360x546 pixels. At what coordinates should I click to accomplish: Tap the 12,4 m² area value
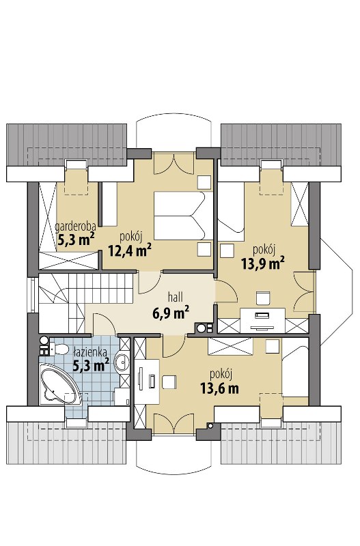pyautogui.click(x=129, y=250)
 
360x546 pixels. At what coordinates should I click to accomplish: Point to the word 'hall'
pyautogui.click(x=176, y=298)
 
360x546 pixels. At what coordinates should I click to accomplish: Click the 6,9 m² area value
pyautogui.click(x=171, y=313)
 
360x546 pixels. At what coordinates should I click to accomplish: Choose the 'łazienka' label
pyautogui.click(x=90, y=352)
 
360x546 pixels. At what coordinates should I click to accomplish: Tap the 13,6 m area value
pyautogui.click(x=219, y=388)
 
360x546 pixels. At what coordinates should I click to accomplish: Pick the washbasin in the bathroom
pyautogui.click(x=122, y=362)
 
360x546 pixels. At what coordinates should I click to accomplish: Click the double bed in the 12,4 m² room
pyautogui.click(x=183, y=216)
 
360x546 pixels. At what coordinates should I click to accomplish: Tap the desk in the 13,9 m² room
pyautogui.click(x=262, y=320)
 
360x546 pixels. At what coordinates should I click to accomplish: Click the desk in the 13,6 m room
pyautogui.click(x=147, y=382)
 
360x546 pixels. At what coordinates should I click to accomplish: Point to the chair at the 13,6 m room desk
pyautogui.click(x=169, y=382)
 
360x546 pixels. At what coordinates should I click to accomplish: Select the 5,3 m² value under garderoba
pyautogui.click(x=76, y=239)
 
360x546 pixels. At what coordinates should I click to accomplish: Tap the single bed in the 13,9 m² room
pyautogui.click(x=231, y=212)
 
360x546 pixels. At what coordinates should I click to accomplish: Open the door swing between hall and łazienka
pyautogui.click(x=105, y=324)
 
